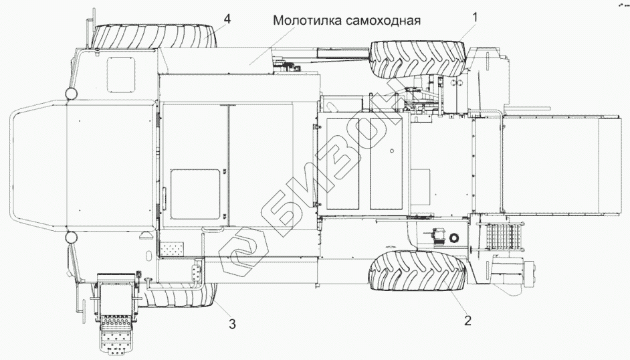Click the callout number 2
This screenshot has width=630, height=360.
click(x=468, y=319)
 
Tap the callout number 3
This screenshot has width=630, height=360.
click(x=231, y=325)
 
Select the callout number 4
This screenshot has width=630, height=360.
click(x=227, y=19)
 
